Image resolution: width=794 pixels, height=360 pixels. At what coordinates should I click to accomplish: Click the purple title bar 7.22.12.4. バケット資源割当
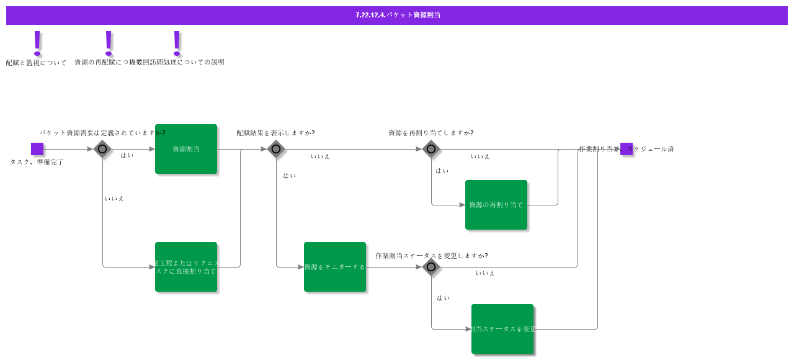coord(397,15)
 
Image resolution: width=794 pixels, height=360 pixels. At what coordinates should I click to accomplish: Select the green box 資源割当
coord(186,149)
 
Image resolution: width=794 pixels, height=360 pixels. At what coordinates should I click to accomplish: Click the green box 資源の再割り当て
coord(496,205)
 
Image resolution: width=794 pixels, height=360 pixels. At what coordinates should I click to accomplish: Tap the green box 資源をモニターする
coord(335,267)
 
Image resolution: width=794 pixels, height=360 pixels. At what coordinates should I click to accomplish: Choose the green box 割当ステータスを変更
coord(502,329)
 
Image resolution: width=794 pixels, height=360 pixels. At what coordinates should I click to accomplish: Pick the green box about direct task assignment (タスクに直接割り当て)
coord(186,267)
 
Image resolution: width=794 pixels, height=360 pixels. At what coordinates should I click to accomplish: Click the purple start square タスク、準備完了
coord(37,149)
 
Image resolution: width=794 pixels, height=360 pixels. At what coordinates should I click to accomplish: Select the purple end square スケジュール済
coord(627,149)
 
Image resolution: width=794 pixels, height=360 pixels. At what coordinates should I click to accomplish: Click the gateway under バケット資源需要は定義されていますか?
coord(102,149)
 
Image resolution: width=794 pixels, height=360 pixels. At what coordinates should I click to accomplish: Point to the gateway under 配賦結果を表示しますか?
coord(276,149)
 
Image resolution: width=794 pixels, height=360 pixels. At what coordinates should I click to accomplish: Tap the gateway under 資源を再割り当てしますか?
coord(431,149)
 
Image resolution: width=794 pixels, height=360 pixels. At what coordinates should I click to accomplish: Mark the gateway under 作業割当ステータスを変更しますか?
coord(431,267)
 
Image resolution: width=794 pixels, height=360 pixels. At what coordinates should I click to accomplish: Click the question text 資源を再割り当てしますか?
coord(431,133)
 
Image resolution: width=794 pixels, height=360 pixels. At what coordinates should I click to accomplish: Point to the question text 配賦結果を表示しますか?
coord(275,133)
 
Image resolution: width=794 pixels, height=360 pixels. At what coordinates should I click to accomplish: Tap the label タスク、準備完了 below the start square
coord(37,162)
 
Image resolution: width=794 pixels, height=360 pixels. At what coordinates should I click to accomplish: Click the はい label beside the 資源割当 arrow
coord(127,155)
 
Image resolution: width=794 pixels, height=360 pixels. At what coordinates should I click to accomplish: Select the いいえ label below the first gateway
coord(114,199)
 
